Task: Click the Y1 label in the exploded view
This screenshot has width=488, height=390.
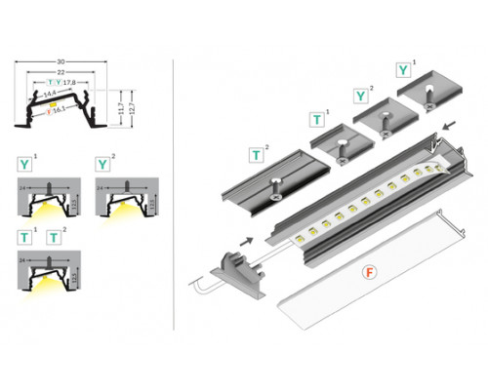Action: coord(403,70)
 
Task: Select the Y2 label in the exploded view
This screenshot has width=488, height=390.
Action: coord(362,95)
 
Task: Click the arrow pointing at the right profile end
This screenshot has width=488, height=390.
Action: coord(450,125)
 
